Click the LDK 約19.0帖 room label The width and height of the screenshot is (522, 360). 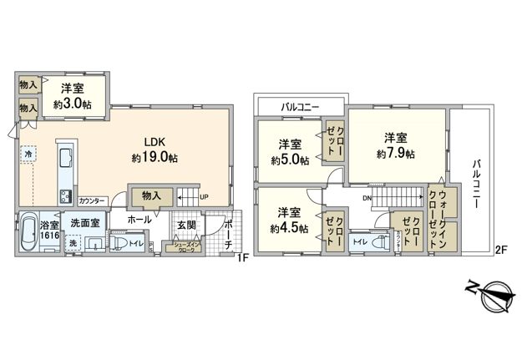(154, 149)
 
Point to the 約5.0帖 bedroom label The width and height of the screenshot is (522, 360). (290, 151)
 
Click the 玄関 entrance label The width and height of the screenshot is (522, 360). (185, 226)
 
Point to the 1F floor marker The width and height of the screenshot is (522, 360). (241, 258)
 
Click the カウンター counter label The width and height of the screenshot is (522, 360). (92, 201)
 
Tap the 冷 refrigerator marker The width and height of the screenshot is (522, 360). (28, 156)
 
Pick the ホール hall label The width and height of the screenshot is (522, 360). (139, 219)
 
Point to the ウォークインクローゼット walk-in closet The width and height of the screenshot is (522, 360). (442, 215)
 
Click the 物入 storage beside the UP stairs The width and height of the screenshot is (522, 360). (151, 195)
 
